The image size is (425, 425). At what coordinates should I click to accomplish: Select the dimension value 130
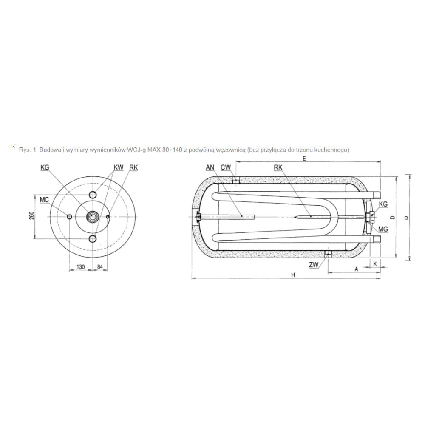(80, 267)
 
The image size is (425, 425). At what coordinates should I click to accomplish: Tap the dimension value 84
(100, 267)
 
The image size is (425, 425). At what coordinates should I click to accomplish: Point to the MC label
(44, 200)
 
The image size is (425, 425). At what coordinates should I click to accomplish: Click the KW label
(119, 167)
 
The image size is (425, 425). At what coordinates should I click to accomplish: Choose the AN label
(210, 167)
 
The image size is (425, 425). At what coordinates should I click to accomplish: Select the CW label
(226, 167)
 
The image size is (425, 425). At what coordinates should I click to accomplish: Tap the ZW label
(314, 265)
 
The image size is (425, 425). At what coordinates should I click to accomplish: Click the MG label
(383, 229)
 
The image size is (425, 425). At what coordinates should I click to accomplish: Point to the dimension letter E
(304, 159)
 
